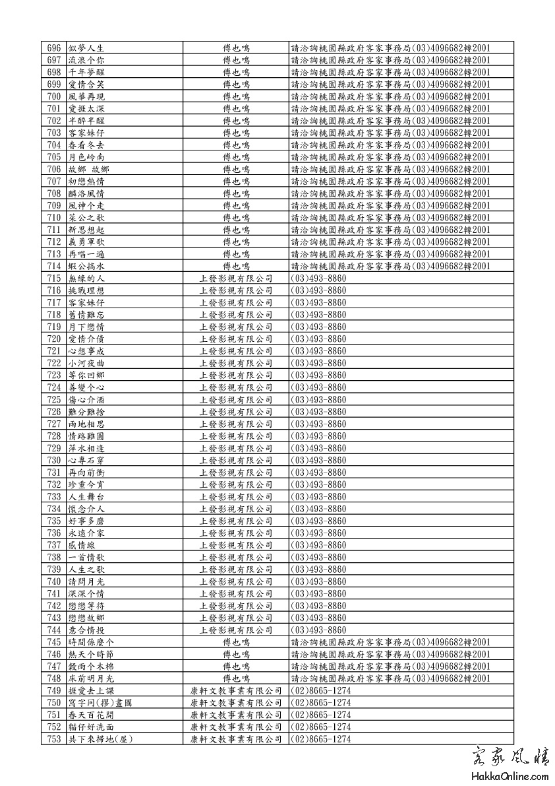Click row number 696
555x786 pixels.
click(54, 48)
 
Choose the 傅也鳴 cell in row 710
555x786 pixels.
click(235, 218)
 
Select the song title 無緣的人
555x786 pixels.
click(86, 278)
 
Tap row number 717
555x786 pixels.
click(54, 302)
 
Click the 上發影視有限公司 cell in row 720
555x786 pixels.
click(235, 339)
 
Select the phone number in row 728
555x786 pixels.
click(318, 436)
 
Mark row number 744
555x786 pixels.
click(54, 630)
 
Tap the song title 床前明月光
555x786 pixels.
click(91, 678)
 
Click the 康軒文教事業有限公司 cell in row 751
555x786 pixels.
click(235, 715)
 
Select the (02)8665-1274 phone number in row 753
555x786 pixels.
click(320, 739)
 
